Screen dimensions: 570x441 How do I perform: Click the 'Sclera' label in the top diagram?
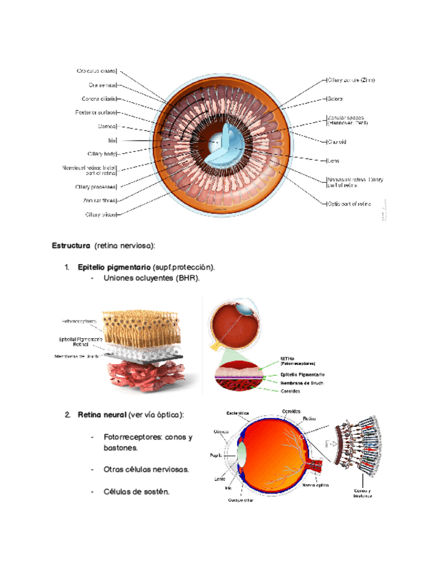click(335, 99)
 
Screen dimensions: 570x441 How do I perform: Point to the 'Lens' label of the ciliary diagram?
click(333, 161)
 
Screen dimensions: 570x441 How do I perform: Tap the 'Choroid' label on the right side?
click(337, 142)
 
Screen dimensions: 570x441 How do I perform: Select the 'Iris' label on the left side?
click(112, 140)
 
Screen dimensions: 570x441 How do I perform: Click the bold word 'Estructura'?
click(71, 245)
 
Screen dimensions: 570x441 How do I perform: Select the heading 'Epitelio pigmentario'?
click(114, 268)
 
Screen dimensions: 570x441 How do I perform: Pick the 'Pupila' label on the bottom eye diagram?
click(215, 455)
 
